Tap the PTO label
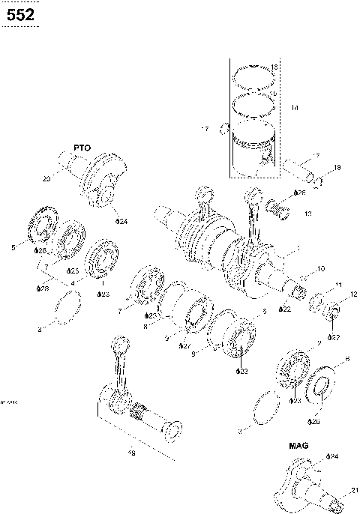(x=81, y=148)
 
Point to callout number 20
(x=46, y=179)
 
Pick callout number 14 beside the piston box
(x=295, y=109)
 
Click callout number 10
(x=320, y=267)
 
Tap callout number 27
(x=183, y=345)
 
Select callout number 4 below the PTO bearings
(x=72, y=282)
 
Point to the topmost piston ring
(x=253, y=75)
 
